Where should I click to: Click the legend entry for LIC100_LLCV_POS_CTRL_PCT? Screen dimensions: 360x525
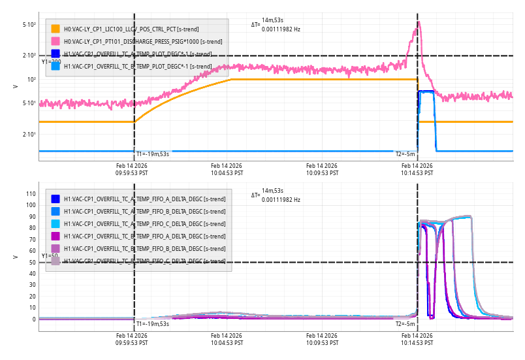pyautogui.click(x=131, y=29)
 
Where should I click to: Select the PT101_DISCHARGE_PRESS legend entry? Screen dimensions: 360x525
pyautogui.click(x=137, y=41)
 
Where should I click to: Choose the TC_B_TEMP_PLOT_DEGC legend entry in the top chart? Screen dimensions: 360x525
pyautogui.click(x=138, y=66)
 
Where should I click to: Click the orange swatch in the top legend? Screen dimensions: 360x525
pyautogui.click(x=56, y=29)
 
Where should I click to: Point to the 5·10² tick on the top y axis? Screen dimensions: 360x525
pyautogui.click(x=29, y=24)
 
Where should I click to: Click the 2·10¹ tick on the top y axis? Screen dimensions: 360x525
pyautogui.click(x=29, y=134)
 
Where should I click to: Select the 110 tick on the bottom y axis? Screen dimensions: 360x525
pyautogui.click(x=30, y=193)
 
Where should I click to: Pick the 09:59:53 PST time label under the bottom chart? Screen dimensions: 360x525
pyautogui.click(x=132, y=338)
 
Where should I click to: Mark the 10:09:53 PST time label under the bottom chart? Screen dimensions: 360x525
pyautogui.click(x=322, y=338)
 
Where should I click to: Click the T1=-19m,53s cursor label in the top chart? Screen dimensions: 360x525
pyautogui.click(x=153, y=154)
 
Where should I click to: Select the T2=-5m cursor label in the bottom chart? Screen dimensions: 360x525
pyautogui.click(x=405, y=323)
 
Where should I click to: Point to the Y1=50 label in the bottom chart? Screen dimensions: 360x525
pyautogui.click(x=50, y=255)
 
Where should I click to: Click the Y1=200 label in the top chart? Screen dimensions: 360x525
pyautogui.click(x=51, y=61)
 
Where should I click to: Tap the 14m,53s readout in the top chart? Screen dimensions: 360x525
pyautogui.click(x=272, y=20)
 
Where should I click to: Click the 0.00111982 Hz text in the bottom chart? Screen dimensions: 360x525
pyautogui.click(x=281, y=199)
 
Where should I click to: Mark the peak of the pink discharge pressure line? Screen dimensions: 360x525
pyautogui.click(x=419, y=22)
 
